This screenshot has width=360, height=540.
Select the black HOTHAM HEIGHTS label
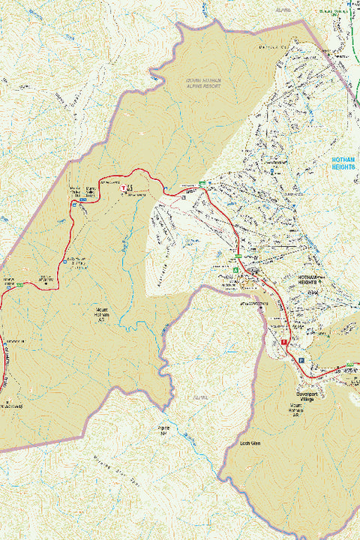(309, 280)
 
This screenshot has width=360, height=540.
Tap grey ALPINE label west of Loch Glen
(199, 397)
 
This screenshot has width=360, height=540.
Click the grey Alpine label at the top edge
(283, 11)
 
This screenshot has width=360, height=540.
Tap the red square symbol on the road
(284, 342)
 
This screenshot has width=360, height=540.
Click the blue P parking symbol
(301, 361)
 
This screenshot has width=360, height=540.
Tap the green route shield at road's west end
(21, 284)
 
